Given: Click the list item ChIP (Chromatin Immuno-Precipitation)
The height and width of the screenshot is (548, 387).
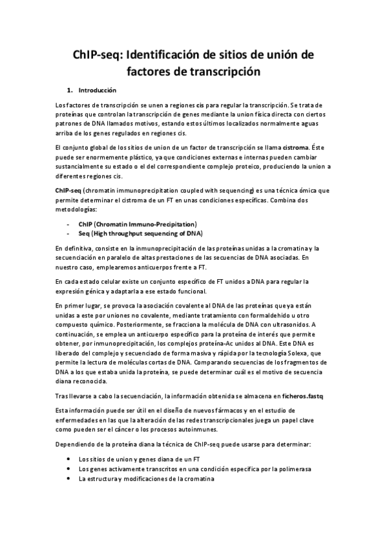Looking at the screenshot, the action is (137, 223).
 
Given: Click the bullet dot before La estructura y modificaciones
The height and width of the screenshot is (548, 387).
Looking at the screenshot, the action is (68, 478).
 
